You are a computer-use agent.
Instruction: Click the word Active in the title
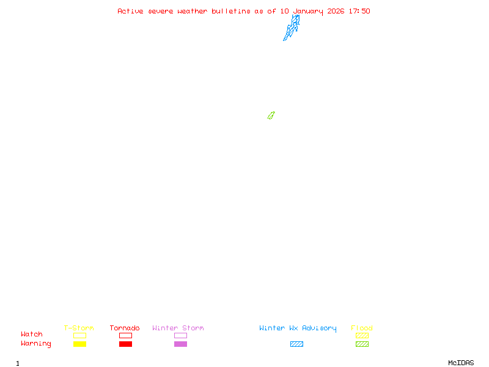[130, 11]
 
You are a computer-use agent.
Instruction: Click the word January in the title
[308, 11]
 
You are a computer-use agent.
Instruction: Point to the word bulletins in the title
[231, 11]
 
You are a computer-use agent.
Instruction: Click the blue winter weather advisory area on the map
[292, 28]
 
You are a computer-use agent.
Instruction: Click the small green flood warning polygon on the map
[271, 115]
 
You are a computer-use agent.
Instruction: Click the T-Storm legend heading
[79, 328]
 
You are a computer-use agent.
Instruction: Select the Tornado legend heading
[125, 328]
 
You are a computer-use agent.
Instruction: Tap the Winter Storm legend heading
[178, 328]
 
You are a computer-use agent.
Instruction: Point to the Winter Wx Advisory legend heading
[298, 328]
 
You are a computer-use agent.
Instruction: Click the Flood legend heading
[362, 328]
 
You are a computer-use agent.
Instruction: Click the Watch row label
[32, 335]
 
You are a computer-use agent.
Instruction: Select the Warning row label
[36, 344]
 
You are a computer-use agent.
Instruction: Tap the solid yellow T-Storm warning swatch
[79, 344]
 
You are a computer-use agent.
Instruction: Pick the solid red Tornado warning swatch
[125, 344]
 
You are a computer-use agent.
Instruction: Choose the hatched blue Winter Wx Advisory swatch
[296, 344]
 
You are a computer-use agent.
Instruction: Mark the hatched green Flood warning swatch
[362, 344]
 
